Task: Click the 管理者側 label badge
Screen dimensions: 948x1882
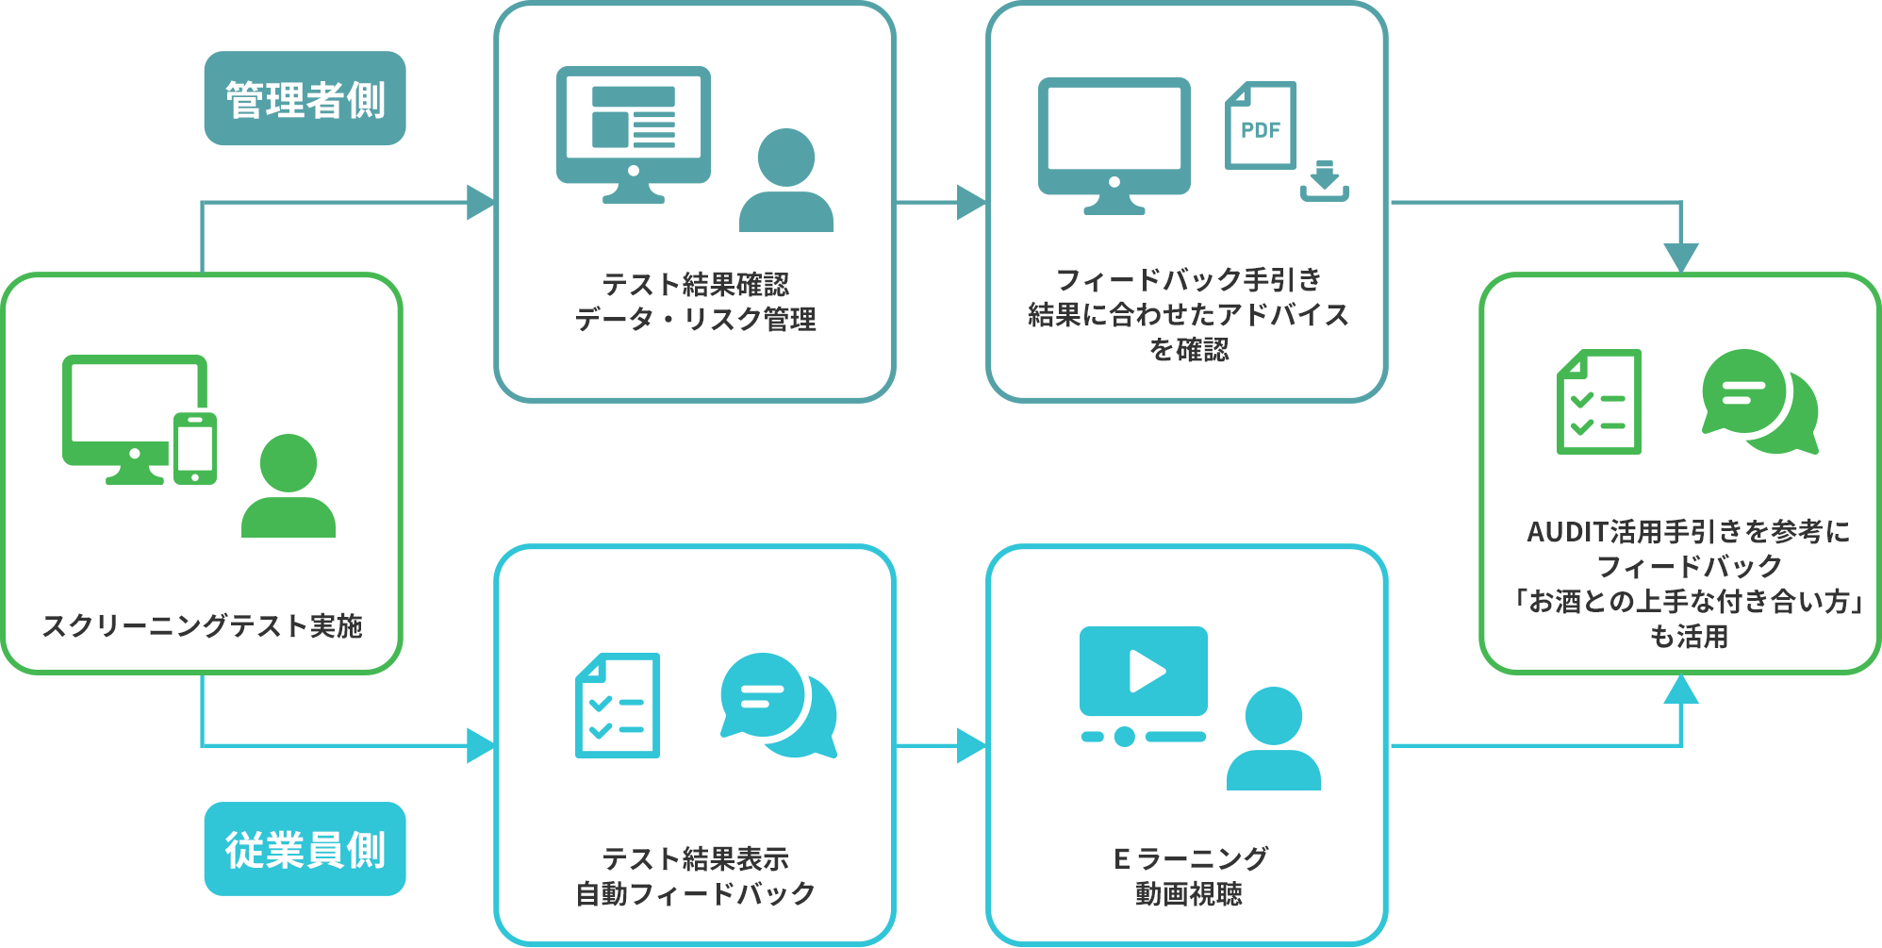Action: pyautogui.click(x=305, y=99)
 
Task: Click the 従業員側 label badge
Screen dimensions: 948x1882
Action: pyautogui.click(x=305, y=849)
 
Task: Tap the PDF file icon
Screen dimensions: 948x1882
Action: pyautogui.click(x=1260, y=125)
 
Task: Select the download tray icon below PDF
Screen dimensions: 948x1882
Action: pyautogui.click(x=1325, y=182)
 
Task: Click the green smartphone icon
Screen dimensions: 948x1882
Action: pyautogui.click(x=195, y=448)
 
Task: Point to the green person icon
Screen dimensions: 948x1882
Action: pyautogui.click(x=289, y=487)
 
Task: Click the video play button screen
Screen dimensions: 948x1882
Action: pyautogui.click(x=1144, y=672)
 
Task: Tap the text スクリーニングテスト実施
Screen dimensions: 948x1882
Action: pyautogui.click(x=202, y=625)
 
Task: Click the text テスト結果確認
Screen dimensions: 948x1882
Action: pyautogui.click(x=695, y=284)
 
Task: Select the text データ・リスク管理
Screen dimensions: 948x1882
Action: pyautogui.click(x=695, y=319)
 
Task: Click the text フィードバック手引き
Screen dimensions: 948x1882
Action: pyautogui.click(x=1188, y=279)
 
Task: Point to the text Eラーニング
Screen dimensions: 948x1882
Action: pyautogui.click(x=1190, y=858)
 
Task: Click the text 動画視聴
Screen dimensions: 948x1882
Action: pyautogui.click(x=1188, y=893)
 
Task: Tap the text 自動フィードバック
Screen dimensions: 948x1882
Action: pyautogui.click(x=695, y=893)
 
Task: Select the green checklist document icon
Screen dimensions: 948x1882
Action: pyautogui.click(x=1598, y=402)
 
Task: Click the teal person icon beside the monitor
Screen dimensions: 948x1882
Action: pyautogui.click(x=785, y=181)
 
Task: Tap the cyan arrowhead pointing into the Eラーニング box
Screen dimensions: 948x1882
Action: pyautogui.click(x=971, y=745)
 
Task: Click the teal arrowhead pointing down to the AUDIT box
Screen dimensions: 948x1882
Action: pyautogui.click(x=1680, y=258)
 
